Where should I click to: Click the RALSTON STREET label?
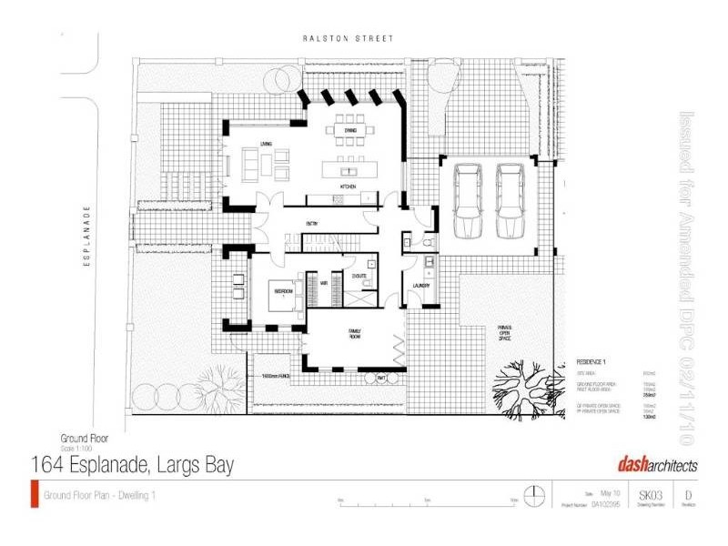pos(349,38)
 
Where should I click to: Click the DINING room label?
pos(349,131)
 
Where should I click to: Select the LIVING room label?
pos(266,144)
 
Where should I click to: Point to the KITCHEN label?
pos(347,187)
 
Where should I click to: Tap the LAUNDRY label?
pos(420,286)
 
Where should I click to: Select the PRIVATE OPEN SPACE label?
pos(504,332)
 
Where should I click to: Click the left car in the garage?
pos(468,198)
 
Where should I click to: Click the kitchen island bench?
pos(349,170)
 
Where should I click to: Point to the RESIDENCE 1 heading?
pos(594,360)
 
